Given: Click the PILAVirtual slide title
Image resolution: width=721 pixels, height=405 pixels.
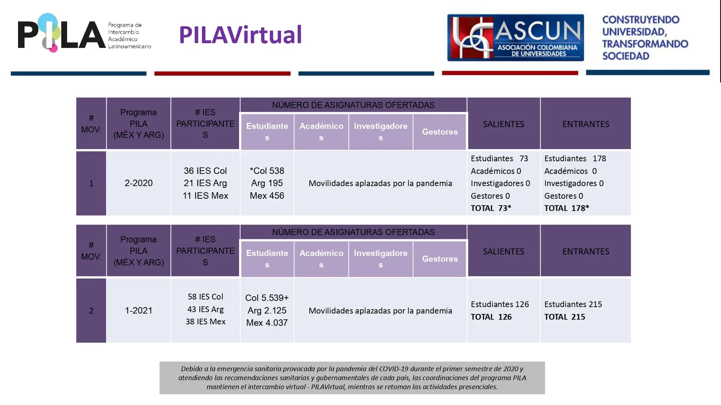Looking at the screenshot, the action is (x=240, y=35).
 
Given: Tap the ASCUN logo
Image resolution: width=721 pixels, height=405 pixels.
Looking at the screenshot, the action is (x=515, y=37).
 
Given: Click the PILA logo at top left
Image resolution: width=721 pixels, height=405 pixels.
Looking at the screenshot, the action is (x=84, y=33).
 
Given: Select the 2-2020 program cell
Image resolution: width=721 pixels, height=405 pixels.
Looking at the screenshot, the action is (x=139, y=183).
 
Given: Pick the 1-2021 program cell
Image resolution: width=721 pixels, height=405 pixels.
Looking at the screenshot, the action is (x=139, y=310).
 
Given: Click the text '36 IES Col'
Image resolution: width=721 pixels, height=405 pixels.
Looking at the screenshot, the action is (x=205, y=171).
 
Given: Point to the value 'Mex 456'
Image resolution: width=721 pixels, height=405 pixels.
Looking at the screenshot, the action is (x=267, y=196).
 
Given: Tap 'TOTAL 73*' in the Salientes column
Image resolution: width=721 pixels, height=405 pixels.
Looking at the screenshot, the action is (x=491, y=208).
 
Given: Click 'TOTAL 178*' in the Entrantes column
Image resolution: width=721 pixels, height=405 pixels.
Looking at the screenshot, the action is (x=567, y=208).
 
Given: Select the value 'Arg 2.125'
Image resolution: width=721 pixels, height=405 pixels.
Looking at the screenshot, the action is (x=267, y=310).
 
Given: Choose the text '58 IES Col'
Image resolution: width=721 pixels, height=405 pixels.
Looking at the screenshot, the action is (x=205, y=297).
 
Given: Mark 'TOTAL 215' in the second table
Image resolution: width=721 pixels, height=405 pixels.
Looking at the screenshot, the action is (x=565, y=317).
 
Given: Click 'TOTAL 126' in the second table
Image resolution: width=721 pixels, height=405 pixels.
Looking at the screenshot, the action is (x=491, y=317).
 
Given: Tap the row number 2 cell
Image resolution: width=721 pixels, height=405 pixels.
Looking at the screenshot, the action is (x=91, y=310).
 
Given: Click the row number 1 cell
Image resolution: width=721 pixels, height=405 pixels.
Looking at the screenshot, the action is (x=91, y=183).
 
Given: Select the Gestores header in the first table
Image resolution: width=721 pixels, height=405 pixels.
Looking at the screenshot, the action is (x=440, y=132).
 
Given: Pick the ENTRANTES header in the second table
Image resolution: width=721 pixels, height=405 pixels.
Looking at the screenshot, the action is (x=586, y=251).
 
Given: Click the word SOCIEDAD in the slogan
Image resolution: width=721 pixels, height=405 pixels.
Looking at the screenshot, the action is (x=626, y=56).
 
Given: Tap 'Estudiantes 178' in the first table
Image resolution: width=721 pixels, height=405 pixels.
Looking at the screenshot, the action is (x=575, y=159).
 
